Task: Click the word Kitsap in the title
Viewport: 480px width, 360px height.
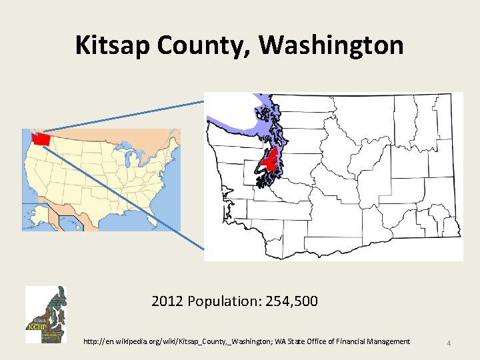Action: click(x=113, y=45)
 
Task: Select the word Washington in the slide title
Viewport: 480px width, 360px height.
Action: click(x=331, y=45)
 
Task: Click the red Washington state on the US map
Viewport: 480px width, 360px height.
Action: click(x=41, y=138)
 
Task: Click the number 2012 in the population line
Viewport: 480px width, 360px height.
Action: click(x=167, y=301)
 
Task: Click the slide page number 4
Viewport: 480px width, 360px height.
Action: click(x=449, y=343)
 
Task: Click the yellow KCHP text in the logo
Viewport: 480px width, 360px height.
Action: click(x=36, y=327)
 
